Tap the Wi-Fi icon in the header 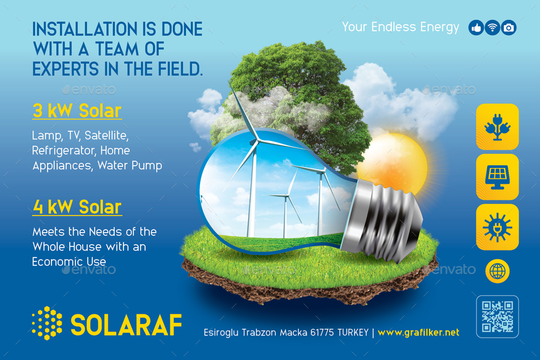pos(492,28)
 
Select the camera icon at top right pos(509,28)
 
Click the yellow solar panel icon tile pos(497,176)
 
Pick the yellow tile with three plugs pos(497,127)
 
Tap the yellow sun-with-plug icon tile pos(497,227)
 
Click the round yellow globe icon pos(497,271)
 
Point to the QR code pos(497,316)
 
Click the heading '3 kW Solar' pos(77,111)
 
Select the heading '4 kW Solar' pos(77,207)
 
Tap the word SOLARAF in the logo pos(126,325)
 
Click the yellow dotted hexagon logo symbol pos(47,323)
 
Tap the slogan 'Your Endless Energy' pos(400,27)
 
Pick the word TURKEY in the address pos(352,332)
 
